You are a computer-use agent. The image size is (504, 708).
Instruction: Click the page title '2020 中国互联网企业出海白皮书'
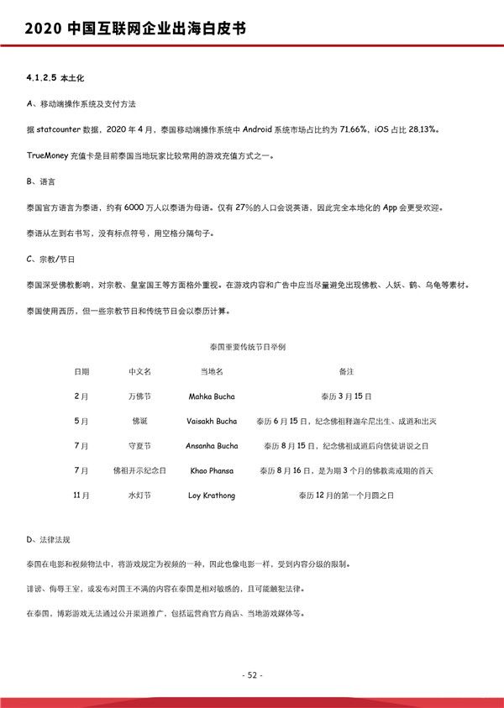tap(135, 29)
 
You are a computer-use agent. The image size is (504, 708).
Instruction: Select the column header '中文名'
tap(139, 370)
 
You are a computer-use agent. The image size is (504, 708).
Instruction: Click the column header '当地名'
tap(212, 370)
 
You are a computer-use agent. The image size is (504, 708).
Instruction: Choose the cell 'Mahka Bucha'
tap(212, 396)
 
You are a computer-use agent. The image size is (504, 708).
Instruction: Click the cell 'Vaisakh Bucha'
tap(212, 421)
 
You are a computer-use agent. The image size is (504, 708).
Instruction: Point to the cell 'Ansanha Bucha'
tap(212, 446)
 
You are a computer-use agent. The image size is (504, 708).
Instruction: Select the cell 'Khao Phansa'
tap(212, 471)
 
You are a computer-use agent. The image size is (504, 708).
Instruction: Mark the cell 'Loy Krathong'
tap(212, 496)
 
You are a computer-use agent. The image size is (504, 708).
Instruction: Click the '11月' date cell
tap(81, 496)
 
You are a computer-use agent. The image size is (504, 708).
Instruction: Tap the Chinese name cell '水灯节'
tap(139, 496)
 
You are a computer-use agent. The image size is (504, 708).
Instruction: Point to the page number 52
tap(252, 675)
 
